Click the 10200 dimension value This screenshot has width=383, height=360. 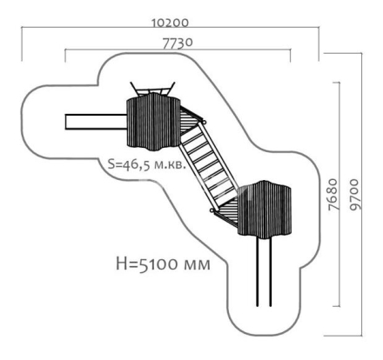click(x=171, y=23)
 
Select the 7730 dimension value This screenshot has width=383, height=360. click(x=178, y=43)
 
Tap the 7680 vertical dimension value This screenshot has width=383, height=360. click(x=333, y=194)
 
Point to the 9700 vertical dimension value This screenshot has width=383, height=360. click(x=354, y=195)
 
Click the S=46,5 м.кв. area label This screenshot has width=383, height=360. click(x=146, y=164)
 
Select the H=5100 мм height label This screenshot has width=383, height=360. click(x=163, y=263)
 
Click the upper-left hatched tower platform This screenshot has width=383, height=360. click(x=153, y=122)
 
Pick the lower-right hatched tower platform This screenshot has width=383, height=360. click(x=265, y=210)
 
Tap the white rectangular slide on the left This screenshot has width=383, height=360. click(x=96, y=122)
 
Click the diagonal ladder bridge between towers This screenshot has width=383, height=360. click(x=209, y=166)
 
